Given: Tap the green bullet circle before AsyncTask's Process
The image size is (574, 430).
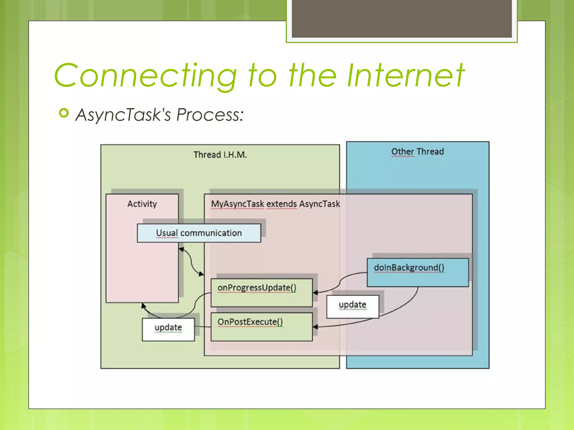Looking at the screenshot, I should (x=64, y=113).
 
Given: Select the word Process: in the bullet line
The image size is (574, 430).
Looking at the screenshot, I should (x=210, y=115).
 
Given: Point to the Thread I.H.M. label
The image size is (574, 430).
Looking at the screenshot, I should (x=220, y=155).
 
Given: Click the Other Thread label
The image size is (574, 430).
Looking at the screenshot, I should (x=417, y=151).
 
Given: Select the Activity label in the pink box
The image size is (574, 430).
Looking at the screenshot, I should (x=142, y=204).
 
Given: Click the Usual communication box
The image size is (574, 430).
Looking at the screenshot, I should (x=199, y=233).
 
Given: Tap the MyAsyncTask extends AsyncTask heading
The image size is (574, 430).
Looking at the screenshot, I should (x=275, y=204).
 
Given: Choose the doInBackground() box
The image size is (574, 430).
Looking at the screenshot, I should (x=417, y=272).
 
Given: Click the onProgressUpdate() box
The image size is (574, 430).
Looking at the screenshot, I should (x=261, y=293).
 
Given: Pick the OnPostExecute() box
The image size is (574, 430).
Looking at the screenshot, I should (x=261, y=327).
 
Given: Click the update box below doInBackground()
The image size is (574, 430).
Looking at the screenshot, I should (x=352, y=307).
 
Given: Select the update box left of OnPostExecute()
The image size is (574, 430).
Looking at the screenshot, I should (x=168, y=329).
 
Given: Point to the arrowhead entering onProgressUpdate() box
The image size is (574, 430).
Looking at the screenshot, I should (x=315, y=293).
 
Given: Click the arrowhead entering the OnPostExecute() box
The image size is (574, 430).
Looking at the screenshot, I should (x=315, y=327).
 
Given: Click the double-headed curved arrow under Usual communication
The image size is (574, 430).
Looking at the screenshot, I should (x=191, y=261).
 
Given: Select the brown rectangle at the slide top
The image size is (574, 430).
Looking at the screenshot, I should (x=402, y=18).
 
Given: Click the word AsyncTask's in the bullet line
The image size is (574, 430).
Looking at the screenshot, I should (x=123, y=115).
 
